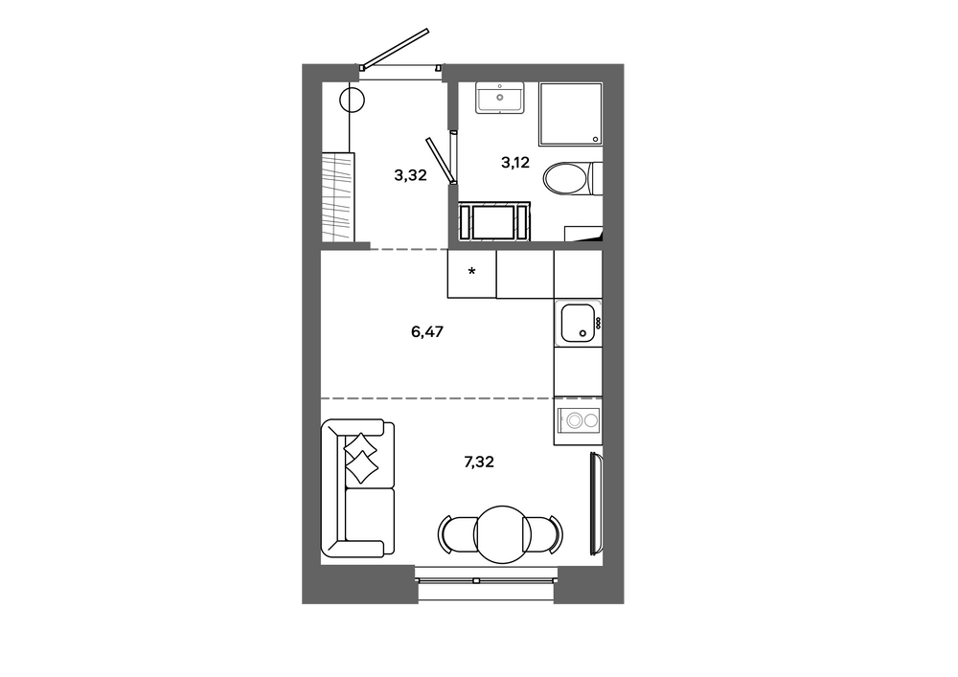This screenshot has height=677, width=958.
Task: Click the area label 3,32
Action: pyautogui.click(x=410, y=176)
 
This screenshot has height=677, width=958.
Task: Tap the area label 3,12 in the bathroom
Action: pyautogui.click(x=515, y=163)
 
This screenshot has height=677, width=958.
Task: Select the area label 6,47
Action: pyautogui.click(x=427, y=332)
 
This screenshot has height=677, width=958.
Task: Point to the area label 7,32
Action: pyautogui.click(x=479, y=463)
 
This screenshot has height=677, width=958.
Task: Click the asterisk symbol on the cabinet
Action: pyautogui.click(x=471, y=270)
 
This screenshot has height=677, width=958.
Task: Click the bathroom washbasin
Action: pyautogui.click(x=500, y=98)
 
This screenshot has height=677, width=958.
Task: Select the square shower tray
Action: pyautogui.click(x=571, y=114)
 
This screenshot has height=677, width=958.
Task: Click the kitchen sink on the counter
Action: pyautogui.click(x=578, y=323)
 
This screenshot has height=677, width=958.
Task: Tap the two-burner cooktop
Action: pyautogui.click(x=578, y=420)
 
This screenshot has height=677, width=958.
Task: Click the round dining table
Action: pyautogui.click(x=501, y=534)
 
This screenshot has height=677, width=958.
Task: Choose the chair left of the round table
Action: pyautogui.click(x=456, y=534)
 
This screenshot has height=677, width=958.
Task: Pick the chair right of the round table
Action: pyautogui.click(x=545, y=534)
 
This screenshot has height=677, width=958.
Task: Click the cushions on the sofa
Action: pyautogui.click(x=361, y=459)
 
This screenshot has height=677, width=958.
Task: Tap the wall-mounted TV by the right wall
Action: pyautogui.click(x=597, y=504)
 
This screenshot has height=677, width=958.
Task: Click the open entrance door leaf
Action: pyautogui.click(x=395, y=48)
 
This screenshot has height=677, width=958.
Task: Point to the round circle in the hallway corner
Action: pyautogui.click(x=353, y=99)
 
